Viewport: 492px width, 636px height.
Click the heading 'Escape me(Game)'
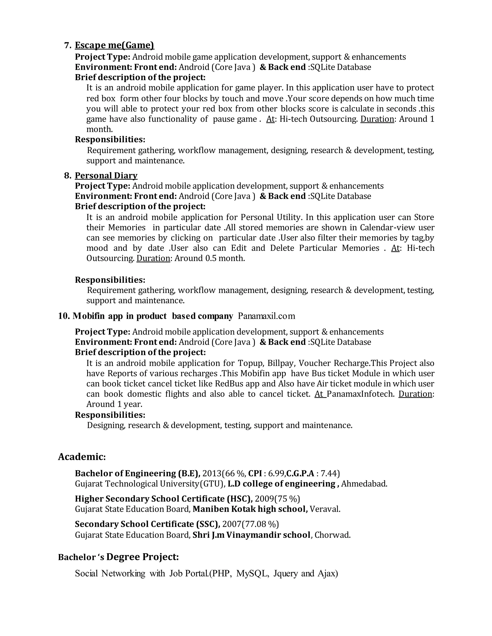[x=115, y=45]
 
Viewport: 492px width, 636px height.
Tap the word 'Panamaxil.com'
[x=266, y=316]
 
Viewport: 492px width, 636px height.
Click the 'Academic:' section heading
[x=82, y=457]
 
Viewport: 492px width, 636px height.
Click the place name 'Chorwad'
[x=332, y=535]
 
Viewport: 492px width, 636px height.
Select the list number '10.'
[x=64, y=316]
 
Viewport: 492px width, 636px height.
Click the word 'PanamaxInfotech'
[x=360, y=394]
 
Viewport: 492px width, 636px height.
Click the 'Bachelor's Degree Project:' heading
[x=118, y=557]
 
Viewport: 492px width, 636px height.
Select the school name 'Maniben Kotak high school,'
[x=250, y=509]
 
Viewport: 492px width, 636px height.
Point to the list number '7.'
[x=68, y=45]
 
